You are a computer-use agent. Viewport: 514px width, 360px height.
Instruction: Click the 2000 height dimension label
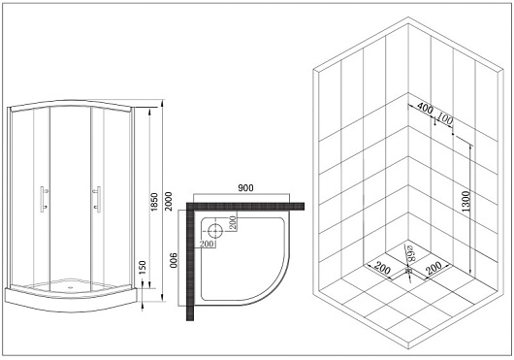click(x=168, y=201)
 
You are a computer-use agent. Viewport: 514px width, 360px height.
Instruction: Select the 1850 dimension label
click(x=154, y=202)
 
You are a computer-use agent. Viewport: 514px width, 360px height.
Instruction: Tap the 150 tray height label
click(x=143, y=268)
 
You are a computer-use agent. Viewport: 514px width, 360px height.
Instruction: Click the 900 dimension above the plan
click(x=245, y=188)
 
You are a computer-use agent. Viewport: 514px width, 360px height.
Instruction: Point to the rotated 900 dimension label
click(x=174, y=260)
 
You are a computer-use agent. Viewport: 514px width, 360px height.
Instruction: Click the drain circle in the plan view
click(x=215, y=230)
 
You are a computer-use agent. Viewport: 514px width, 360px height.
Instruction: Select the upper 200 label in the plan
click(x=233, y=223)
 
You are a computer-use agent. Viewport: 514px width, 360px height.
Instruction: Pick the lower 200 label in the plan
click(x=207, y=244)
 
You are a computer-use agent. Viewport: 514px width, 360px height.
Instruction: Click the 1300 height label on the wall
click(x=466, y=201)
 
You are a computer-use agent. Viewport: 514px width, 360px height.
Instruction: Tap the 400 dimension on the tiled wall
click(x=425, y=108)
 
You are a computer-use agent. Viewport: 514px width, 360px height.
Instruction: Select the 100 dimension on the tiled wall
click(x=445, y=119)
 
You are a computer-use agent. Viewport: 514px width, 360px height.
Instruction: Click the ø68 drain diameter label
click(x=410, y=253)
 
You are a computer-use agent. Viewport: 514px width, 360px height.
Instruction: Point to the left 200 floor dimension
click(x=382, y=267)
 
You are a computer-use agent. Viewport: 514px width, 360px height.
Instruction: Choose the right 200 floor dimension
click(x=434, y=267)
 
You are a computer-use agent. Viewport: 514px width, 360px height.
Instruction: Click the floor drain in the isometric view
click(x=408, y=271)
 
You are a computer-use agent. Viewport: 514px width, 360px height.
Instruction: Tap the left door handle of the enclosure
click(x=44, y=199)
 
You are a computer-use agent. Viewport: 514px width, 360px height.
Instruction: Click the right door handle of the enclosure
click(x=97, y=199)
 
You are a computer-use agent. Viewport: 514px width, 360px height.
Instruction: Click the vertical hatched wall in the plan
click(x=190, y=262)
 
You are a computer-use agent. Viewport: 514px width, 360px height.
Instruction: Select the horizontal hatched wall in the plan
click(x=245, y=207)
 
